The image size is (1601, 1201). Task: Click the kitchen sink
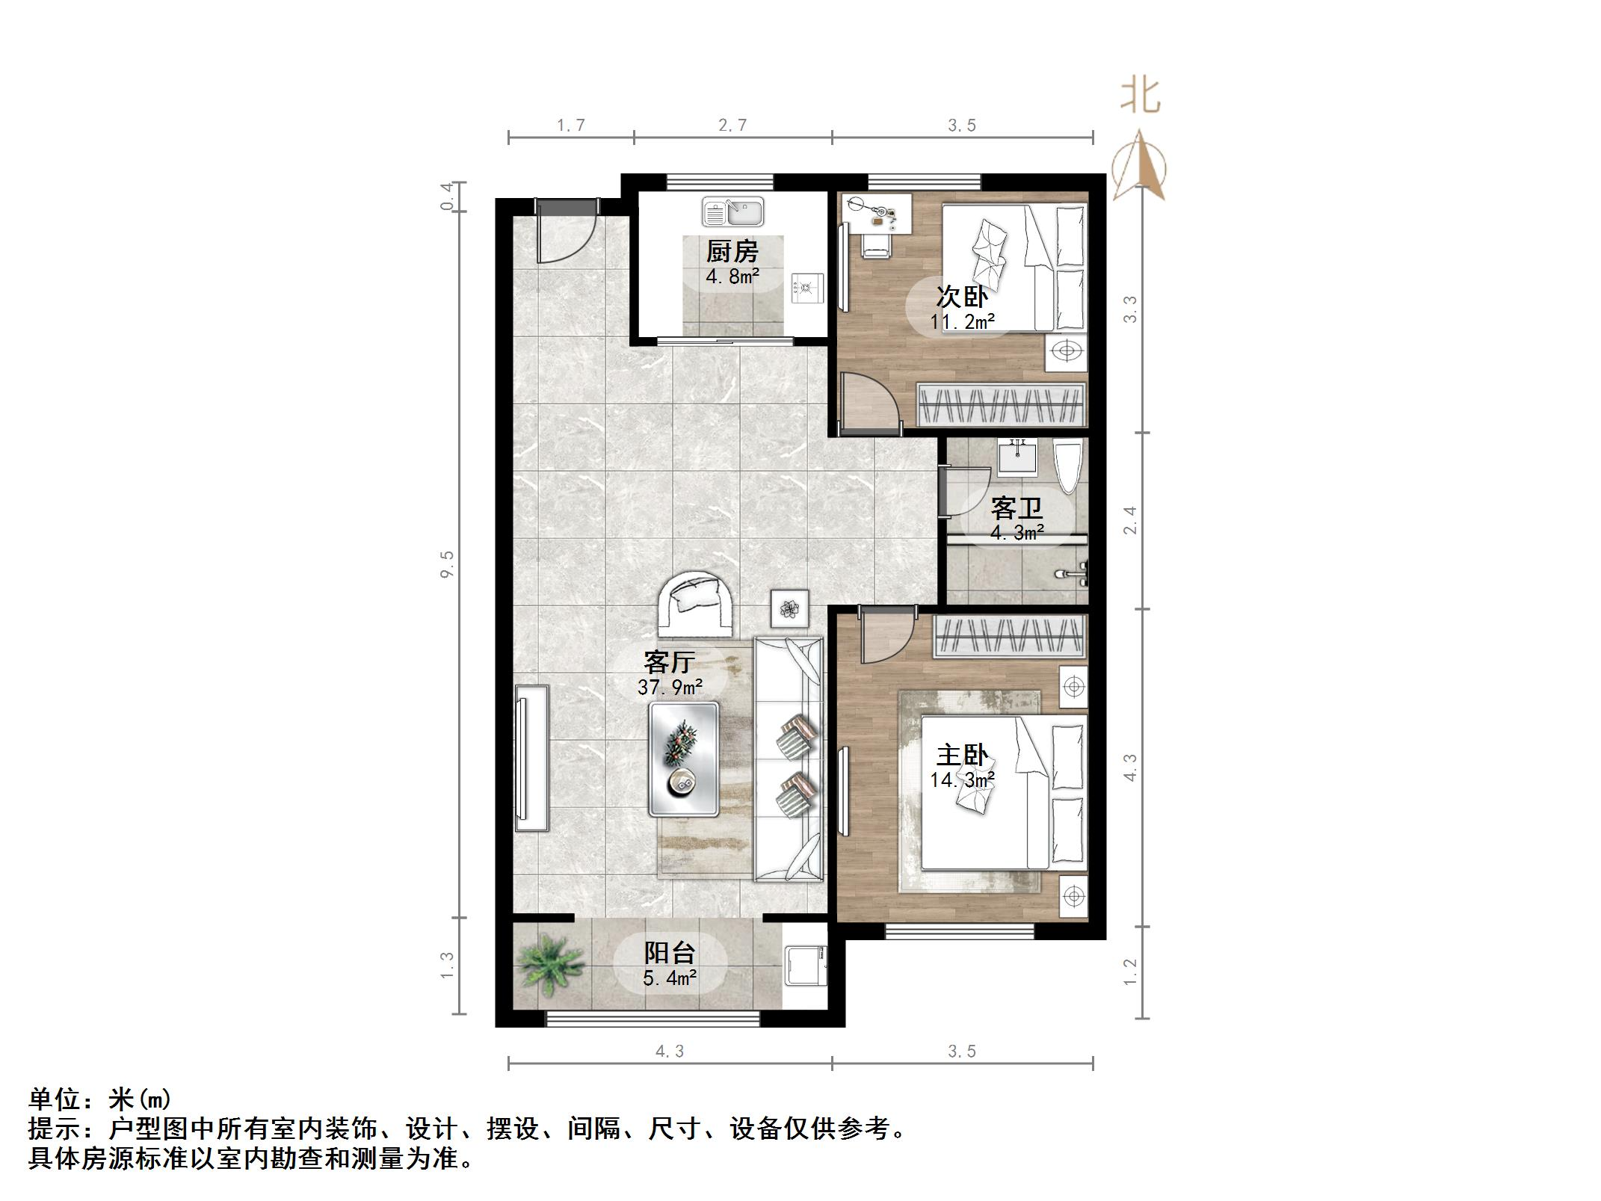click(732, 212)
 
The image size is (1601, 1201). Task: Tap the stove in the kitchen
click(808, 288)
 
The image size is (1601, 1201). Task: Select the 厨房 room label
click(732, 252)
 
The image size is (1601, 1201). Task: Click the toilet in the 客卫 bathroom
click(1067, 466)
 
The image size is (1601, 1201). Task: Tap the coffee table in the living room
click(683, 759)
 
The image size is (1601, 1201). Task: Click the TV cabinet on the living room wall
click(531, 759)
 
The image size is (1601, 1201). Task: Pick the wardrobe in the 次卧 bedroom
click(1001, 405)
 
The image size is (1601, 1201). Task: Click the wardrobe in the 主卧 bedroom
click(1009, 636)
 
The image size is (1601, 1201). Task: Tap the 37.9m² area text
click(670, 687)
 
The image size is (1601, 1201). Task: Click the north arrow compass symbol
click(1139, 166)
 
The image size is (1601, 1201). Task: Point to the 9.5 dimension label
click(447, 564)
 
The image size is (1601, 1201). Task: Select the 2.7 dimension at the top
click(732, 126)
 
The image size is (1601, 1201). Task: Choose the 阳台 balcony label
click(670, 953)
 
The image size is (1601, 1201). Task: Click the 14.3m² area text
click(962, 780)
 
